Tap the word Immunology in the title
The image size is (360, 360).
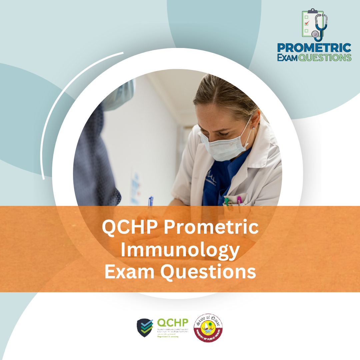tap(180, 250)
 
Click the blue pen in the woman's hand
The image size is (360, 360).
tap(150, 202)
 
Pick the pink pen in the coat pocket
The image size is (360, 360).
tap(239, 200)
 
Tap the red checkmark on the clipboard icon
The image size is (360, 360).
tap(307, 23)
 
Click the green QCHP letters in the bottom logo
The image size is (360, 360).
tap(172, 322)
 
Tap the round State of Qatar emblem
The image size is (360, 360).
tap(208, 327)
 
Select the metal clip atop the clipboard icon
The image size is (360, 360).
tap(312, 11)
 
